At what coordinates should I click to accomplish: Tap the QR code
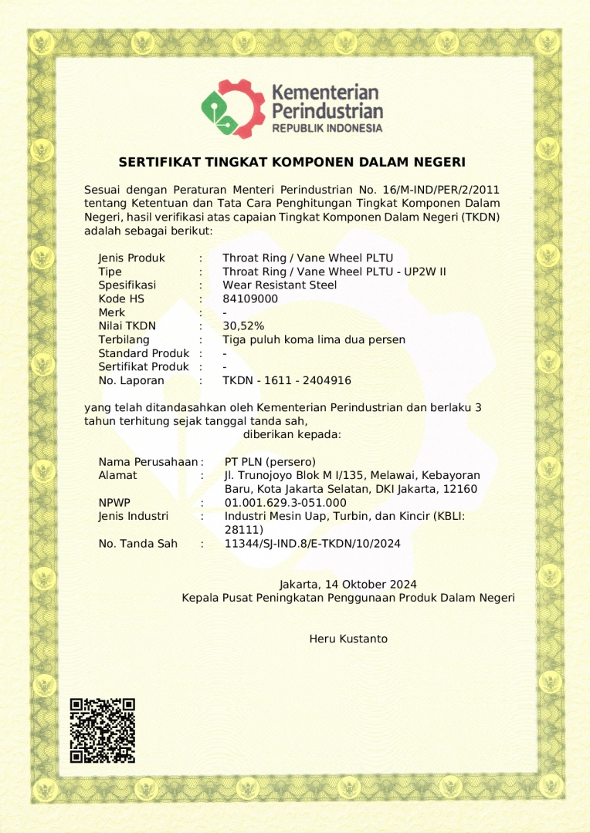click(x=103, y=730)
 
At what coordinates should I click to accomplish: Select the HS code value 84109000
click(x=250, y=298)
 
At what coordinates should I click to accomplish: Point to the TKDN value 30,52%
click(x=243, y=326)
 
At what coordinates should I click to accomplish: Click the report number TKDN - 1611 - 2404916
click(x=287, y=380)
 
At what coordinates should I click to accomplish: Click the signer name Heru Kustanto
click(x=348, y=639)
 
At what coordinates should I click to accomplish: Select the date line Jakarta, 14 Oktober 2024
click(x=348, y=585)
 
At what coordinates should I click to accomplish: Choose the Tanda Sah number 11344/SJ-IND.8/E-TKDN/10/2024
click(x=312, y=544)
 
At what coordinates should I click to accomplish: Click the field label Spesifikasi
click(x=127, y=285)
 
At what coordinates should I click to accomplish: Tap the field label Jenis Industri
click(x=134, y=516)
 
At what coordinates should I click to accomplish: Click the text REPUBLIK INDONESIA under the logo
click(x=327, y=128)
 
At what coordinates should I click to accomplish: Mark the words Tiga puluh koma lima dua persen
click(x=314, y=339)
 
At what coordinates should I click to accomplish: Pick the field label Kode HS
click(x=121, y=298)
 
